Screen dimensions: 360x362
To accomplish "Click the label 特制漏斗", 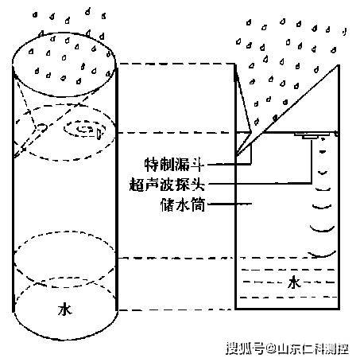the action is pyautogui.click(x=174, y=165).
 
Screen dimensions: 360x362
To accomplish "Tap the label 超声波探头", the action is pyautogui.click(x=167, y=185).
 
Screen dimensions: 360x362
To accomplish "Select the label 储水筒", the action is pyautogui.click(x=183, y=204).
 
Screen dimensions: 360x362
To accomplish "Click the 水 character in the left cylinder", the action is pyautogui.click(x=65, y=309).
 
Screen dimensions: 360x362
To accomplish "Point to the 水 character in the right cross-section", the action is pyautogui.click(x=294, y=282).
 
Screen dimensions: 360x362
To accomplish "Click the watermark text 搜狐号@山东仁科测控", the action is pyautogui.click(x=288, y=348).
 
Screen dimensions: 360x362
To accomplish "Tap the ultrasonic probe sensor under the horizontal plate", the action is pyautogui.click(x=310, y=137).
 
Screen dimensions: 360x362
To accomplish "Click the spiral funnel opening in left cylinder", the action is pyautogui.click(x=85, y=129).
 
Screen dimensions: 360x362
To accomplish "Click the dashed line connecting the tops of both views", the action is pyautogui.click(x=176, y=64).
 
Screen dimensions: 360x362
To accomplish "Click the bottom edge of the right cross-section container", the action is pyautogui.click(x=288, y=309).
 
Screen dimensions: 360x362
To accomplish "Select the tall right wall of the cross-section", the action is pyautogui.click(x=339, y=187).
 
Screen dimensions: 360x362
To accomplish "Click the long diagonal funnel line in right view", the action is pyautogui.click(x=287, y=110).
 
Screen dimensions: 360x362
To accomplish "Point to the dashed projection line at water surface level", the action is pyautogui.click(x=176, y=258).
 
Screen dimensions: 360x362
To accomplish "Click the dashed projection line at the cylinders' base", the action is pyautogui.click(x=176, y=309).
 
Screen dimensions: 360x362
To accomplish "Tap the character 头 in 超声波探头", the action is pyautogui.click(x=198, y=185).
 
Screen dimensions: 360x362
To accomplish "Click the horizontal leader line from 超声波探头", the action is pyautogui.click(x=259, y=183).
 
